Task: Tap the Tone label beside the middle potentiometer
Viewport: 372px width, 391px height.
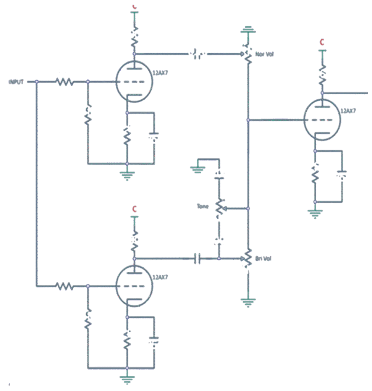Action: pos(202,207)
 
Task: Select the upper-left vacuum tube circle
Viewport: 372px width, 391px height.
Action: pos(134,81)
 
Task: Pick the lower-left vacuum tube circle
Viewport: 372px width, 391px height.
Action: pos(134,286)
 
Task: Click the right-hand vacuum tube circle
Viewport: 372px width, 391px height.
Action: pos(322,120)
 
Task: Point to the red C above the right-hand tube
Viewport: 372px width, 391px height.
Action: pos(322,41)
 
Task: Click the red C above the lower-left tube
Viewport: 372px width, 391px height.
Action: pos(134,209)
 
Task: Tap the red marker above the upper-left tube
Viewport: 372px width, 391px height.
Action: pos(134,6)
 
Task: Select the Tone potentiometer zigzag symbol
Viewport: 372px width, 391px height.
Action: pos(219,207)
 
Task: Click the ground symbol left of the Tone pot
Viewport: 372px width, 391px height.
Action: pos(197,168)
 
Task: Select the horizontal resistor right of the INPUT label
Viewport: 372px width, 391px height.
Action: pos(64,81)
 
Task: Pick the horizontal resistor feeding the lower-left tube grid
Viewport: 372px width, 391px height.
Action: pos(64,286)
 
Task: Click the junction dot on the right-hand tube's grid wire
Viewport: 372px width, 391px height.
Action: pos(248,120)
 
